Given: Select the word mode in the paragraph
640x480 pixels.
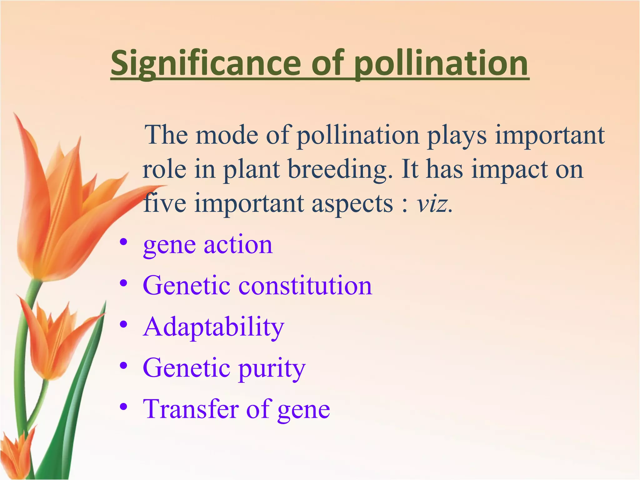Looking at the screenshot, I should [227, 135].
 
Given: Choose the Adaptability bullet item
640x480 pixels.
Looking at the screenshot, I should [213, 327].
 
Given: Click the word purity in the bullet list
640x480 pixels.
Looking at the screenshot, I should [272, 369].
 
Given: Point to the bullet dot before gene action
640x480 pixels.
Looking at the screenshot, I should [124, 242].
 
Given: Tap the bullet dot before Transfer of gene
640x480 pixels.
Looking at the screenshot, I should [124, 407].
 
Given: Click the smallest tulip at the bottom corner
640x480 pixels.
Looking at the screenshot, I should [16, 453].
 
